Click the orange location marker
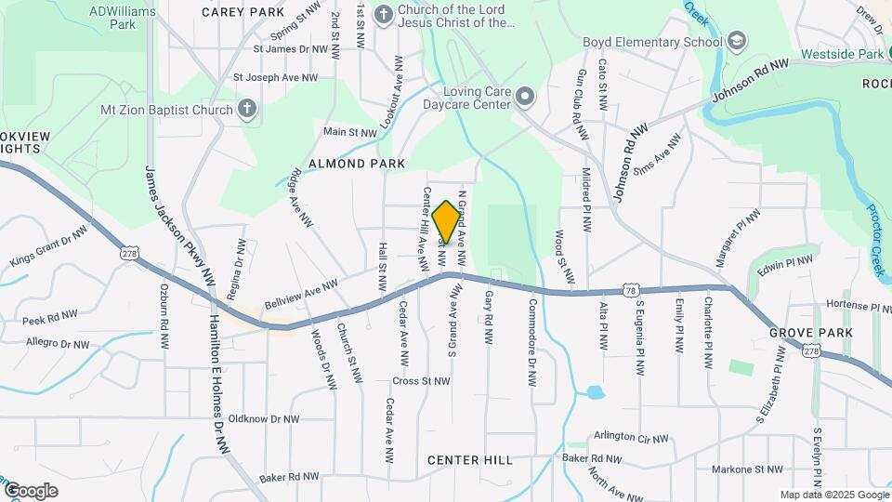tap(446, 221)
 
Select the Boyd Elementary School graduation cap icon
tap(737, 42)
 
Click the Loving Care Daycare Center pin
tap(525, 97)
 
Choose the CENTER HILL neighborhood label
tap(470, 460)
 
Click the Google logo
tap(30, 490)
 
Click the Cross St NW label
tap(422, 380)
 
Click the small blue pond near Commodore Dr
tap(596, 392)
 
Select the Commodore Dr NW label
tap(532, 342)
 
